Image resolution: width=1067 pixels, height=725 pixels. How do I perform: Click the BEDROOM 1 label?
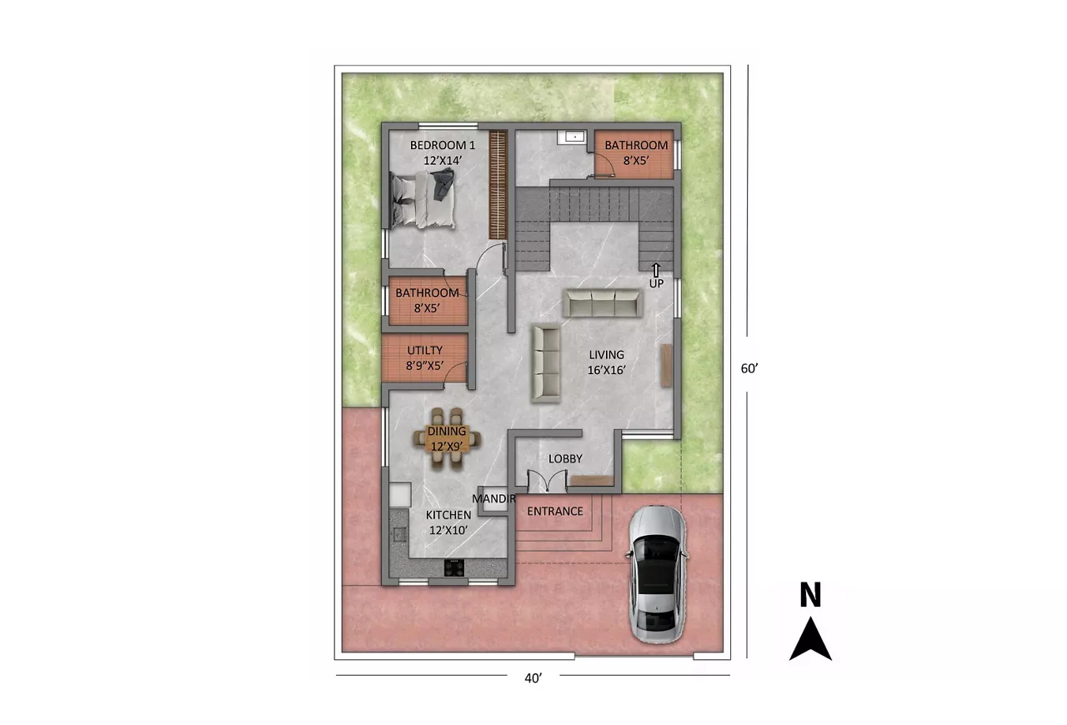click(443, 145)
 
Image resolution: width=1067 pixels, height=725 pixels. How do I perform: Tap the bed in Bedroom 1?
click(423, 199)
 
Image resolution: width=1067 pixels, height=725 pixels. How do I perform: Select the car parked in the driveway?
click(658, 574)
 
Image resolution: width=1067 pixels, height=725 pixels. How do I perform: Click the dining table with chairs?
click(447, 438)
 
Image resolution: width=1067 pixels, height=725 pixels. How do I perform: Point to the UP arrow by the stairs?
click(656, 270)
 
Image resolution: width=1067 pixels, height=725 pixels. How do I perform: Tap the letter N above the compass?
click(810, 594)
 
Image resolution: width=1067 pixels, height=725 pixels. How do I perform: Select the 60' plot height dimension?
click(749, 368)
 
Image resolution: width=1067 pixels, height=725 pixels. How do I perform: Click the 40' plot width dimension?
click(533, 677)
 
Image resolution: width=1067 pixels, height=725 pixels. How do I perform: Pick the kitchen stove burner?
click(454, 567)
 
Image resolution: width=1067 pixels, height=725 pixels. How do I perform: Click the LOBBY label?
click(565, 458)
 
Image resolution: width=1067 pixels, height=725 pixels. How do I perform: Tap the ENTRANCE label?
click(555, 511)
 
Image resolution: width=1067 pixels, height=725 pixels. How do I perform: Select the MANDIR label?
click(493, 498)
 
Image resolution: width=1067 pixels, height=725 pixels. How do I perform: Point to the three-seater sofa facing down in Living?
click(603, 302)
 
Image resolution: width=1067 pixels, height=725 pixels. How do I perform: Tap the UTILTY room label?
click(425, 351)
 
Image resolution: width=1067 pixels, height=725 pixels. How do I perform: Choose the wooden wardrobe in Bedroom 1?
click(498, 185)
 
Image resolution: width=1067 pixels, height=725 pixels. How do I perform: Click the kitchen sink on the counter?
click(398, 534)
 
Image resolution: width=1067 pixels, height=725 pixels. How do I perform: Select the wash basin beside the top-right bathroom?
click(572, 137)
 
